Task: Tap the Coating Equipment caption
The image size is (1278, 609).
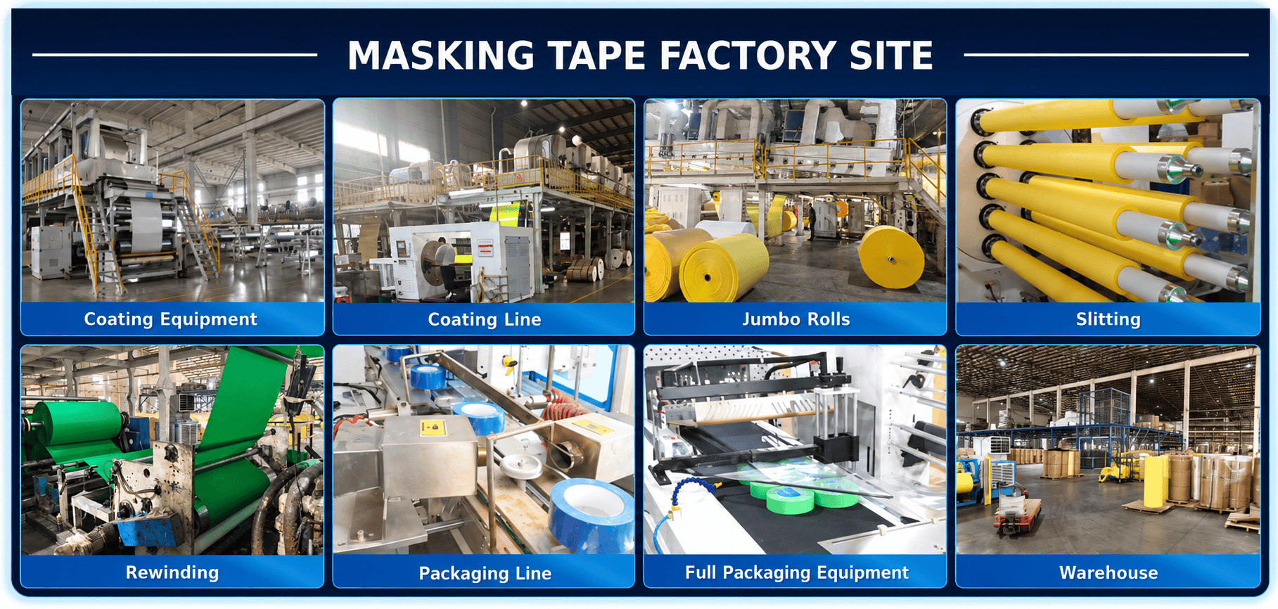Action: point(171,319)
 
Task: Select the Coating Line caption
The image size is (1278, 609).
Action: point(485,319)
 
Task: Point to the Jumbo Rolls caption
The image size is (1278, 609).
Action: point(796,319)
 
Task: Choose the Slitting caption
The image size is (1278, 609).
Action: point(1108,319)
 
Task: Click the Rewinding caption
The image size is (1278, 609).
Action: point(172,572)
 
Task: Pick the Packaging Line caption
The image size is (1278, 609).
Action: point(485,573)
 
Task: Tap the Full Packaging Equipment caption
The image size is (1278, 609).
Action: point(797,572)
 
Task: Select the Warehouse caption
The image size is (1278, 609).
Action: point(1108,572)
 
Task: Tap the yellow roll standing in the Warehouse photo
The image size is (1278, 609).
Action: point(1155,482)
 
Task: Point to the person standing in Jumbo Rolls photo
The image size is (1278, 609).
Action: point(811,220)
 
